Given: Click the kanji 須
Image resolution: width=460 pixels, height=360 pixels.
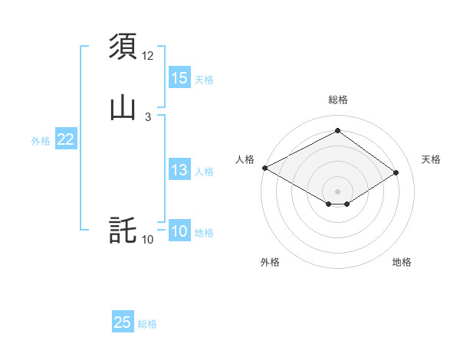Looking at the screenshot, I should coord(123,46).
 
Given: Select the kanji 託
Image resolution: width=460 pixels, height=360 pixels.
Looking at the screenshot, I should coord(123,230).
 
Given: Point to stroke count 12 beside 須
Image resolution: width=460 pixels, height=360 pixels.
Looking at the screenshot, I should coord(148,56).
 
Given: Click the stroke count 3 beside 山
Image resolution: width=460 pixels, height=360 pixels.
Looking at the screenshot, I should coord(147,116).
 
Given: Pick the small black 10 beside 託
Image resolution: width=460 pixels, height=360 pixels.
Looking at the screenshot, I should coord(148,240).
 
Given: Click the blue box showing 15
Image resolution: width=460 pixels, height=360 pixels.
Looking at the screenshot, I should coord(179,78).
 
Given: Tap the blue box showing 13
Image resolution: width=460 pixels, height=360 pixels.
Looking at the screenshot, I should coord(179,171).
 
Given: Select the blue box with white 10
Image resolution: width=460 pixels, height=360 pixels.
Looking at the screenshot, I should coord(179,231).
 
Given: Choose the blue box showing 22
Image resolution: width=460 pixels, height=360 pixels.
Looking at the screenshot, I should coord(66,139).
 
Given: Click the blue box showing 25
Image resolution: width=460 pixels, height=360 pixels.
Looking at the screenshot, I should coord(123,322).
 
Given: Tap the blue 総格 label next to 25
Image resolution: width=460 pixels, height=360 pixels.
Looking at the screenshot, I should coord(147,324).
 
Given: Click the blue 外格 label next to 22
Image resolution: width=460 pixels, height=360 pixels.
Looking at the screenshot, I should coord(41,141).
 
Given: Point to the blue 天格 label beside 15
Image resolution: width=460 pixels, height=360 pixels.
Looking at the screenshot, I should coord(204,80).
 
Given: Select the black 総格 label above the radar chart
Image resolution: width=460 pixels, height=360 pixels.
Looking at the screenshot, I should coord(337,100).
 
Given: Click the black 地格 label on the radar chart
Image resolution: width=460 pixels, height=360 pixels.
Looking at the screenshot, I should coord(402,262).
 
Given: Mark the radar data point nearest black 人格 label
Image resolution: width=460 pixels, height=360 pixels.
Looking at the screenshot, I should coord(264,168).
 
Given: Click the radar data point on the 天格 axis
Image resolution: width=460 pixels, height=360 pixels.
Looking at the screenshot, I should coord(396,172).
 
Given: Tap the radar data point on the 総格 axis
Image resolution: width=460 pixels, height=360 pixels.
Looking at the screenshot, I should coord(337,131).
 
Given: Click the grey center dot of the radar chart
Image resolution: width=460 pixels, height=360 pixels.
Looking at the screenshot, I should coord(337,191).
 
